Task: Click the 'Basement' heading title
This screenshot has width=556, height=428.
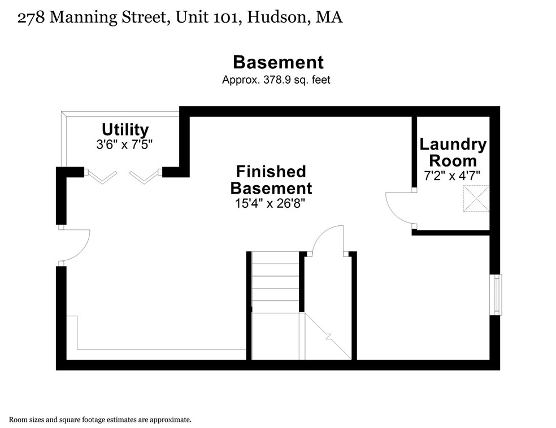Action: point(278,62)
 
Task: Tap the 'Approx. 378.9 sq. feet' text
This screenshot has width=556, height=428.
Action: point(276,80)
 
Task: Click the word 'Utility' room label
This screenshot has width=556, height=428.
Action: point(125,130)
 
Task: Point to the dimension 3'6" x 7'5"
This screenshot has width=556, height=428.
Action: point(125,145)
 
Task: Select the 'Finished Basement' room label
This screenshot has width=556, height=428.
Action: point(271,179)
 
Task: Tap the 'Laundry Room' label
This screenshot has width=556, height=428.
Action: point(453,152)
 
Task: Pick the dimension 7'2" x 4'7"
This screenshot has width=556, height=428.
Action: point(452,175)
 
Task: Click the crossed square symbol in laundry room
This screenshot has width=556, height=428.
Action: point(476,198)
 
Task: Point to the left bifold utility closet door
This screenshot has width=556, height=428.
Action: point(102,177)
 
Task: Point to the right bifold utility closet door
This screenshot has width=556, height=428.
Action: point(145,177)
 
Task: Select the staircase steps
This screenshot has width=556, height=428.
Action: point(275,282)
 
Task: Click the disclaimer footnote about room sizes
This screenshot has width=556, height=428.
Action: point(100,420)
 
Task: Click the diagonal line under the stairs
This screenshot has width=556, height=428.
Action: point(329,337)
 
